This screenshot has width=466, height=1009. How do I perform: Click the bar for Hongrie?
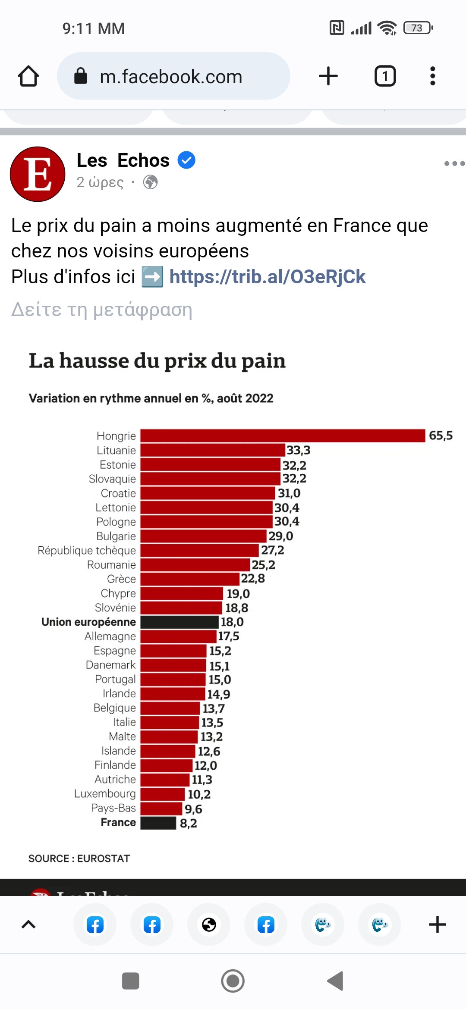point(283,436)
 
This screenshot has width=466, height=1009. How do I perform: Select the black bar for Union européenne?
point(179,622)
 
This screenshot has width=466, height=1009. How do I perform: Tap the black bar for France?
point(158,823)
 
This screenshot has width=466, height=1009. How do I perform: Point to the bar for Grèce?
point(190,579)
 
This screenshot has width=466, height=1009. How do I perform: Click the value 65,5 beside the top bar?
point(441,436)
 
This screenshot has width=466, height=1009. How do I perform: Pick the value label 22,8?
point(253,579)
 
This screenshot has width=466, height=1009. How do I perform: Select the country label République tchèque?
point(87,550)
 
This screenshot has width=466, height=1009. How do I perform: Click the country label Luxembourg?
point(105,794)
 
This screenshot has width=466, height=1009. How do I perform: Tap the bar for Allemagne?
point(178,636)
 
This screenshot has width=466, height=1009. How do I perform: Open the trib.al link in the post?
point(268,277)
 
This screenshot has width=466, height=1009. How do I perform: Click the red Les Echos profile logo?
point(38,174)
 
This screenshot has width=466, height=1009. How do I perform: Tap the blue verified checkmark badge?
point(186,160)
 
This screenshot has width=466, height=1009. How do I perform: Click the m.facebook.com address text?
point(171,77)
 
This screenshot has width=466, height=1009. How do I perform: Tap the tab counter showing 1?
point(385,76)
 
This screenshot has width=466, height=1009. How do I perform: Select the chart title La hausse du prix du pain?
point(157,361)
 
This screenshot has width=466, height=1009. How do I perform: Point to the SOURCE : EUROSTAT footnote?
point(79,859)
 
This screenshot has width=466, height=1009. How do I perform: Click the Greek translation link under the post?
point(101,310)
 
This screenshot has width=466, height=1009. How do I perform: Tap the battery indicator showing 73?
point(418,28)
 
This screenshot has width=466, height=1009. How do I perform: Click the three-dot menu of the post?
point(454,163)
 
